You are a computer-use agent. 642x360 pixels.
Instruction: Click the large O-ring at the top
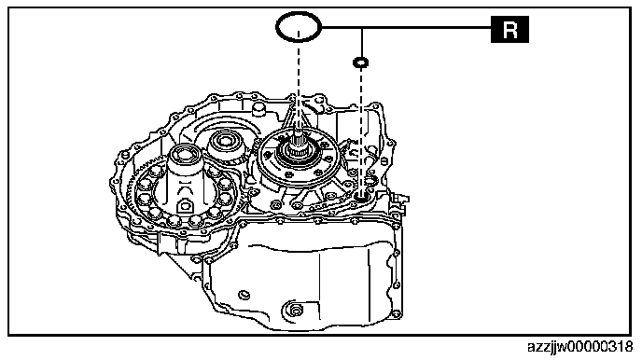(x=277, y=27)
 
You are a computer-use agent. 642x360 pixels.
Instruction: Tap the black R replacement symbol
(x=509, y=30)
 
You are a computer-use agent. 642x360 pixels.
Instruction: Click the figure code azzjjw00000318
(x=579, y=347)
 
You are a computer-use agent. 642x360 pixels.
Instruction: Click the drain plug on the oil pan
(x=295, y=310)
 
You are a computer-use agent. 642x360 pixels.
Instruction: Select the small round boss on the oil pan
(x=244, y=295)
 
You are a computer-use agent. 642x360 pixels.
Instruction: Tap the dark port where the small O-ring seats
(x=361, y=199)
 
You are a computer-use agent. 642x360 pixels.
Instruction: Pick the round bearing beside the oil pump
(x=224, y=141)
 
